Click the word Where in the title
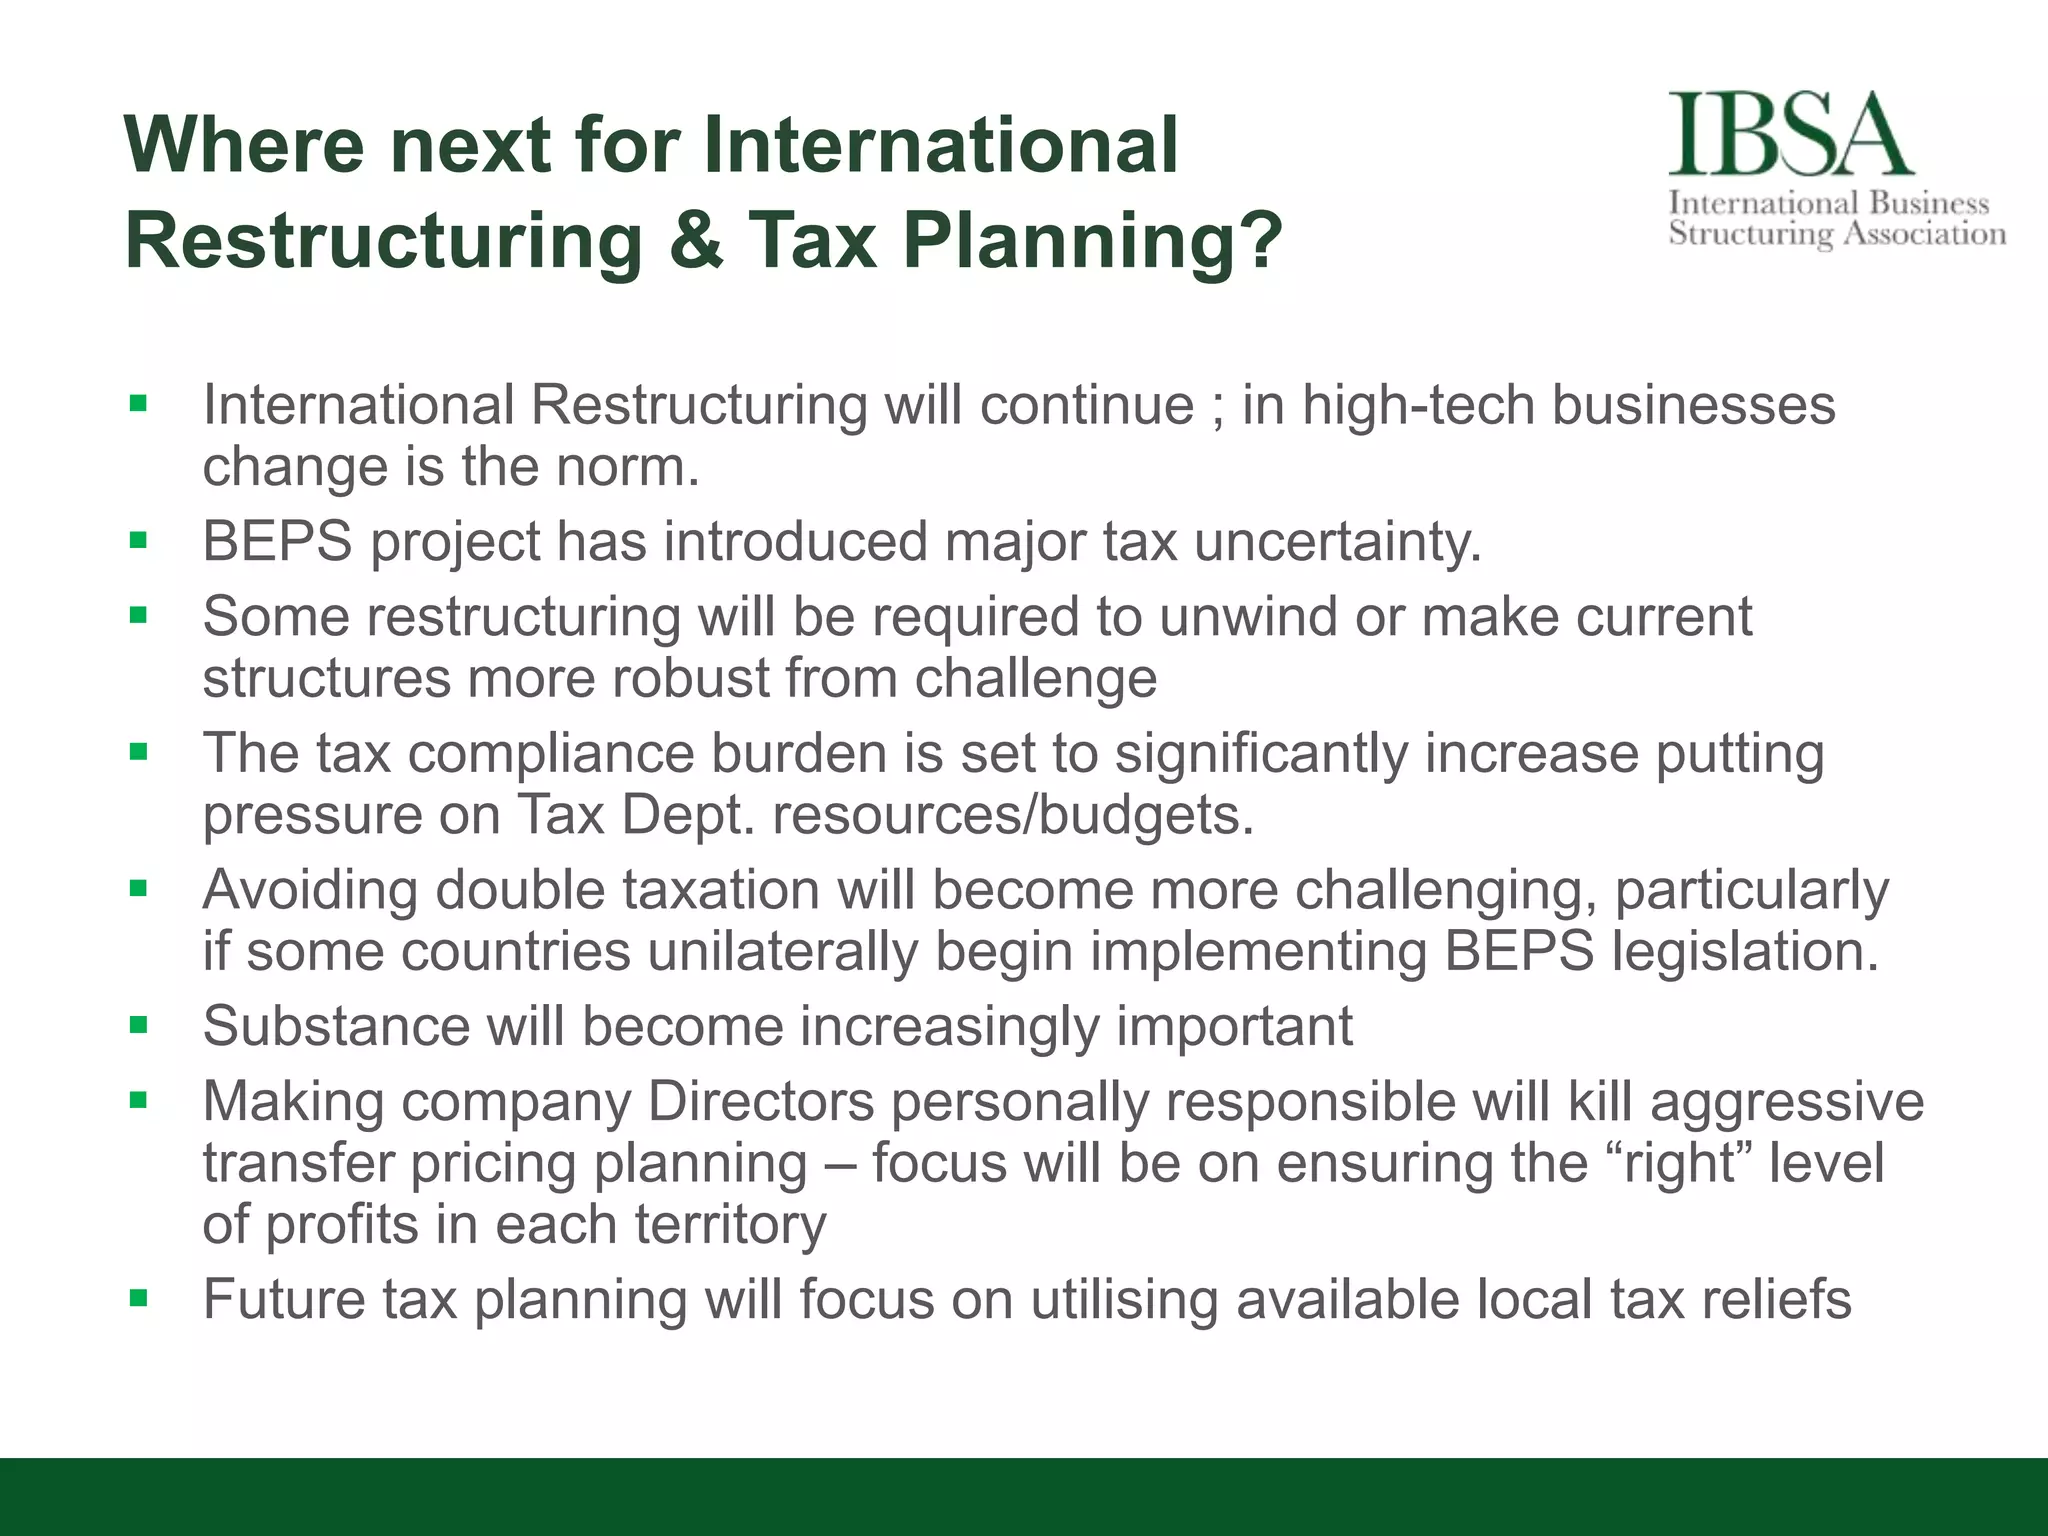(x=245, y=145)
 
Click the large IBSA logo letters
(x=1790, y=134)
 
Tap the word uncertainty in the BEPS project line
(x=1337, y=542)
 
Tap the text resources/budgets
(x=1013, y=815)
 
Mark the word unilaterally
(x=783, y=951)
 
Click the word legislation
(x=1745, y=951)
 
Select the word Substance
(x=336, y=1026)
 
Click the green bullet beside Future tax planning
(x=139, y=1299)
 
